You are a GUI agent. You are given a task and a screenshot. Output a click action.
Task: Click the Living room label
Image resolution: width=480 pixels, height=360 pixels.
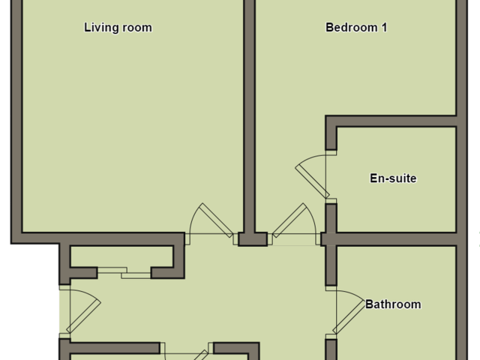pyautogui.click(x=118, y=28)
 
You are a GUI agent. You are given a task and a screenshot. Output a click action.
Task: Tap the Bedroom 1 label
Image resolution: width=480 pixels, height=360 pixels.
pyautogui.click(x=356, y=28)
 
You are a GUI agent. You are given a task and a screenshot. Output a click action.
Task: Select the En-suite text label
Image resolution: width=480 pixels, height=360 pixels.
pyautogui.click(x=393, y=178)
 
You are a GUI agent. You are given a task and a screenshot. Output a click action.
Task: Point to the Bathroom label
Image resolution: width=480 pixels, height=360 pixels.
pyautogui.click(x=393, y=304)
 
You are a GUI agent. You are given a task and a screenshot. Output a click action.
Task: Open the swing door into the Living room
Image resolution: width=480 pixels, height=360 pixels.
pyautogui.click(x=210, y=223)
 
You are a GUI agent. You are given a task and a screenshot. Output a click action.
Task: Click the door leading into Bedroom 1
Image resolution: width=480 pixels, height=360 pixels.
pyautogui.click(x=293, y=223)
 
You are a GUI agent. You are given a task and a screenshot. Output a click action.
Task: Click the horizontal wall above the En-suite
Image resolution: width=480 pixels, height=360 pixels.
pyautogui.click(x=394, y=121)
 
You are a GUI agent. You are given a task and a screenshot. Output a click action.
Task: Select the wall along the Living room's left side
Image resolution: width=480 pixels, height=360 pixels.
pyautogui.click(x=16, y=120)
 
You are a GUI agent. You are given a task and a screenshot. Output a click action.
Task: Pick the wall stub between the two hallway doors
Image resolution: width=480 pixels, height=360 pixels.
pyautogui.click(x=253, y=239)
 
